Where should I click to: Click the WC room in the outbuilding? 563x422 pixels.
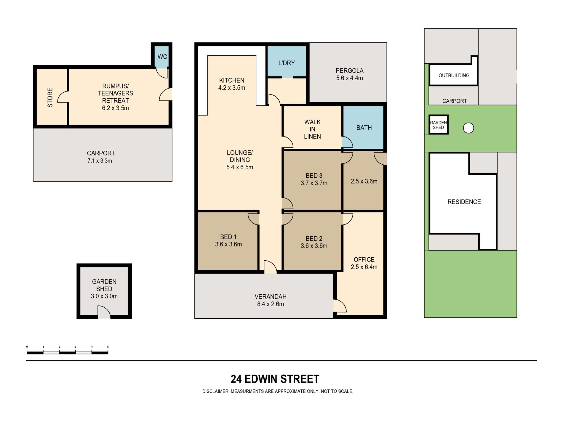[x=162, y=57]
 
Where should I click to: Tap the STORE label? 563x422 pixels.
[x=50, y=97]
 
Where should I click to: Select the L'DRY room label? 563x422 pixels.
[x=287, y=63]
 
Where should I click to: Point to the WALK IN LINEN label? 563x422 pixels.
[x=312, y=129]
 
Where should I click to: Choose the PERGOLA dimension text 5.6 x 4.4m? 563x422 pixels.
[x=349, y=78]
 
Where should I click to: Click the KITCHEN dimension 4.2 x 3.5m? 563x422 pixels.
[x=232, y=88]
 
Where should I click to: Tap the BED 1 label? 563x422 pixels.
[x=228, y=237]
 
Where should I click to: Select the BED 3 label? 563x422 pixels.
[x=314, y=176]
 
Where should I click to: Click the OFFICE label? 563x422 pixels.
[x=364, y=259]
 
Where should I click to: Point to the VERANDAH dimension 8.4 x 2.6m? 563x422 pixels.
[x=271, y=304]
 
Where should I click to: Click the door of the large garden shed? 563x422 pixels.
[x=104, y=312]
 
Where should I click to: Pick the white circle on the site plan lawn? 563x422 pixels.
[x=468, y=128]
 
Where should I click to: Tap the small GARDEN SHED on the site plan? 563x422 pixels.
[x=439, y=125]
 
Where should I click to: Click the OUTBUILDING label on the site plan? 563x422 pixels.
[x=454, y=76]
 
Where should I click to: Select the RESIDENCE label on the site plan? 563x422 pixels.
[x=464, y=202]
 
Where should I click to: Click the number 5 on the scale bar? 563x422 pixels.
[x=108, y=346]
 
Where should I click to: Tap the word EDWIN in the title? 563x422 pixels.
[x=261, y=379]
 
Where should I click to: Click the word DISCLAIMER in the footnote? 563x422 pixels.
[x=215, y=391]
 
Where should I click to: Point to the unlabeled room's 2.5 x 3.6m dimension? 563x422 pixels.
[x=364, y=181]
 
